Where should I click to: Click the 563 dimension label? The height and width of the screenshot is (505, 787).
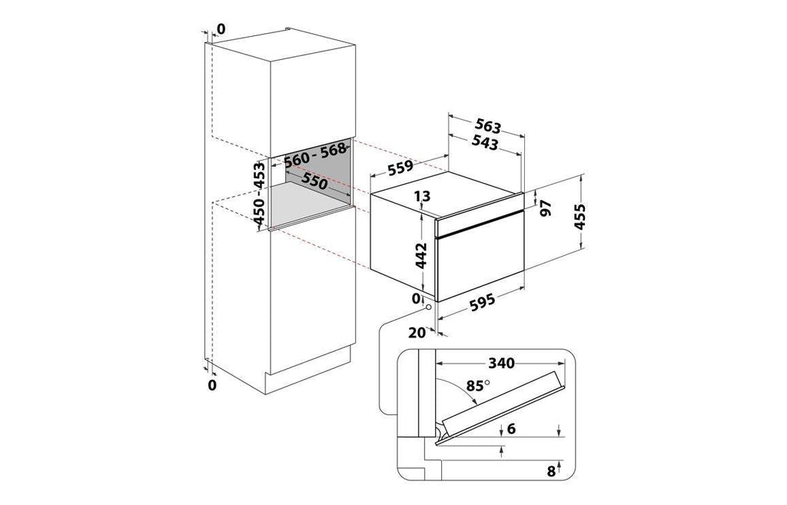488,126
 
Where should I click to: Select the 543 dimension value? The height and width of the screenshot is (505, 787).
486,143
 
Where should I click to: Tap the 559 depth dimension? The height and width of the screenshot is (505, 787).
400,168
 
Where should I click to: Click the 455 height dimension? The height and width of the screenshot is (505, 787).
579,216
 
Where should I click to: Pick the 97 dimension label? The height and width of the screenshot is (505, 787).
546,208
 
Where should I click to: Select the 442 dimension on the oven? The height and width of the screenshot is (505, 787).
421,255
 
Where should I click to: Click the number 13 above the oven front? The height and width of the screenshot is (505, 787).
423,196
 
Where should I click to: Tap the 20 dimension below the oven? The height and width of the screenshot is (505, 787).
417,332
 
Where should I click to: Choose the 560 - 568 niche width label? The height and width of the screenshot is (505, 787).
315,154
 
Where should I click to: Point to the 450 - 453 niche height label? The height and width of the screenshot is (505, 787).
259,193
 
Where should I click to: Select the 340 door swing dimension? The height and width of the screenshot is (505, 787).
502,363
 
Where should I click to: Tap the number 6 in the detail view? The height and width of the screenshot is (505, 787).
511,428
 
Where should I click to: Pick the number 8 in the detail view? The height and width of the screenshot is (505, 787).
551,471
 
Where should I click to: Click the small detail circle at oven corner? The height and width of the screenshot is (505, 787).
428,307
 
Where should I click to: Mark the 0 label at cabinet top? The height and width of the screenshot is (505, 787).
221,30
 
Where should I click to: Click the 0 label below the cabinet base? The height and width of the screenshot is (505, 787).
212,385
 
